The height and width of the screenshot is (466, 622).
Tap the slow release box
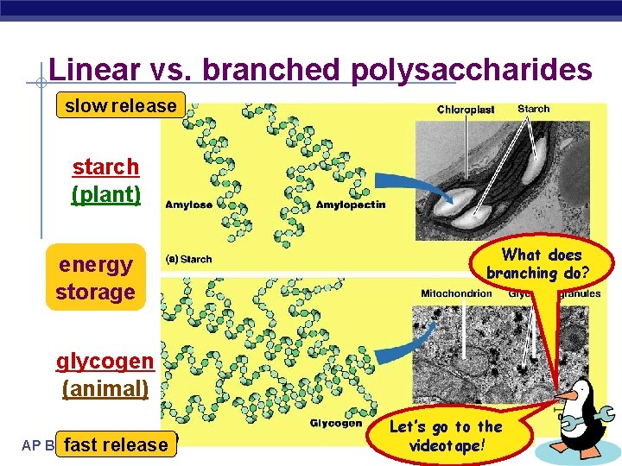click(120, 106)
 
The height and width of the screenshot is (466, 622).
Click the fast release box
click(116, 444)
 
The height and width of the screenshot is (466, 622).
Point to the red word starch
click(105, 166)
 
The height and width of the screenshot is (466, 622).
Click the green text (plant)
click(105, 193)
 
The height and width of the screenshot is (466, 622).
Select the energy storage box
click(95, 278)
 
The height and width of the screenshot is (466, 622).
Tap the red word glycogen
click(105, 361)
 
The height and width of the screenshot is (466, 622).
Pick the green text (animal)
click(105, 388)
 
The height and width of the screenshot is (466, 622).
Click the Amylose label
click(188, 205)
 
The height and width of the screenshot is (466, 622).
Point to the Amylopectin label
click(351, 205)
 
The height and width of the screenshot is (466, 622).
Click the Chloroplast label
click(466, 110)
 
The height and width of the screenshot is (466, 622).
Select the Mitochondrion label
click(456, 293)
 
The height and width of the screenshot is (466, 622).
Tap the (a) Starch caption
click(189, 259)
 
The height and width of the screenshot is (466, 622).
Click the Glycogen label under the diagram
click(335, 423)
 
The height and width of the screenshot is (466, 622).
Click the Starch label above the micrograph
click(533, 109)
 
